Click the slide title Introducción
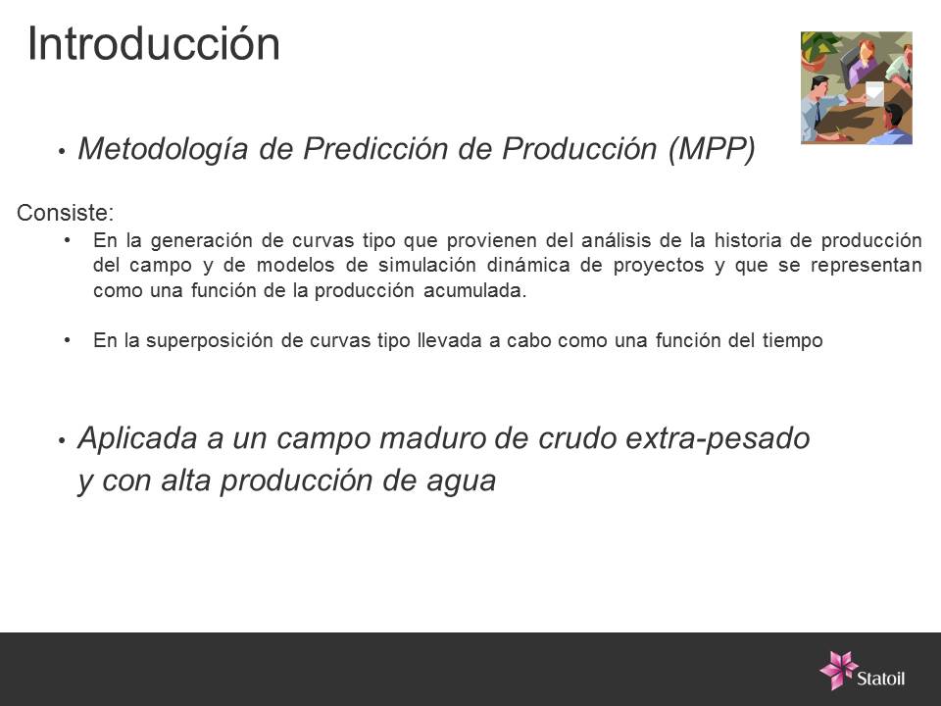[x=154, y=44]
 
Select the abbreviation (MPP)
[x=712, y=148]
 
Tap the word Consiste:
[x=66, y=213]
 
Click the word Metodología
[x=163, y=149]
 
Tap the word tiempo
[x=792, y=340]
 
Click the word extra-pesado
[x=718, y=438]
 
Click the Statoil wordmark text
[x=880, y=679]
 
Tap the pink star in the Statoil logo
[x=838, y=670]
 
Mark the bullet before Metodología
[x=62, y=151]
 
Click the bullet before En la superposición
[x=68, y=340]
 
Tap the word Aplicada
[x=137, y=438]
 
